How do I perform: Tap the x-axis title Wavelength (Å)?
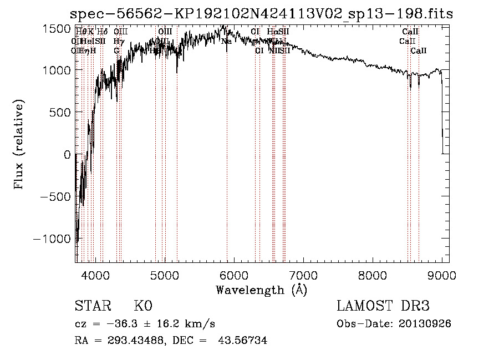261,290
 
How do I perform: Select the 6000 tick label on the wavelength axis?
234,275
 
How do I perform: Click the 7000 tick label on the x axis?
303,275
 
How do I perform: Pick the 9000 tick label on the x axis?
442,275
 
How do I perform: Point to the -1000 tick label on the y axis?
53,239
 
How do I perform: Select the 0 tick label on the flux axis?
67,154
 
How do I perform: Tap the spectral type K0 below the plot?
143,306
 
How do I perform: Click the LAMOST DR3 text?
383,306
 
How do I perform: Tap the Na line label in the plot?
226,41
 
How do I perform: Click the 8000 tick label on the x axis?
373,275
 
